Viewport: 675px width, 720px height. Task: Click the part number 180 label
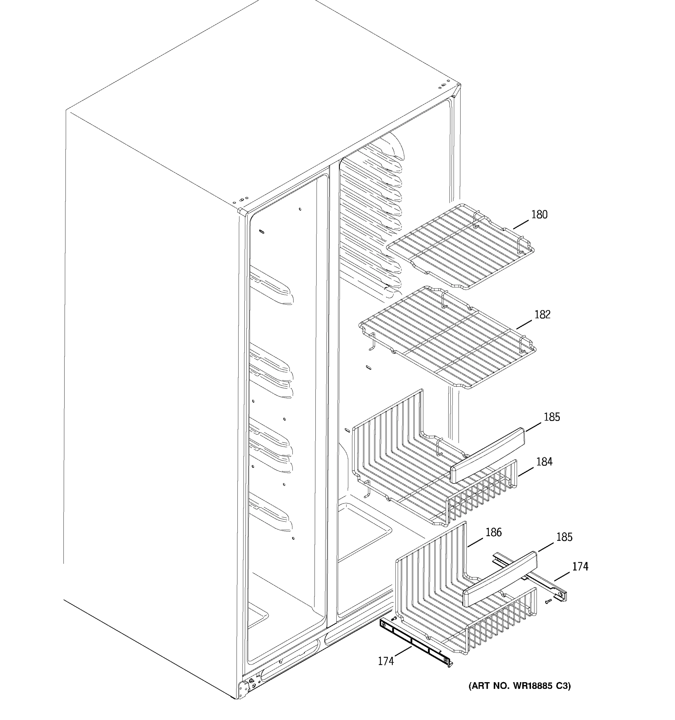(x=539, y=215)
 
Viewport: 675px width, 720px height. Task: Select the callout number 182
(x=542, y=315)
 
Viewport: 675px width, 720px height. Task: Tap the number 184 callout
(x=544, y=462)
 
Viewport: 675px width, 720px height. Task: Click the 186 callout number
(x=493, y=532)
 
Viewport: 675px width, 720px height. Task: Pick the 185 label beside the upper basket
(x=551, y=417)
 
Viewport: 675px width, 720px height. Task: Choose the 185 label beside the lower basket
(x=564, y=537)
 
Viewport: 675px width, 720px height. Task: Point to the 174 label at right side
(x=580, y=566)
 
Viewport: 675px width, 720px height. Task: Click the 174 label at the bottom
(x=386, y=661)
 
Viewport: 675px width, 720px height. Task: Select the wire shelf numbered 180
(x=460, y=246)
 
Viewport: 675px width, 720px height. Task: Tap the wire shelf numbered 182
(x=447, y=337)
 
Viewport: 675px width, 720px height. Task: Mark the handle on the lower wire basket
(x=500, y=579)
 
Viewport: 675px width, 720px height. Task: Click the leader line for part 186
(x=475, y=542)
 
